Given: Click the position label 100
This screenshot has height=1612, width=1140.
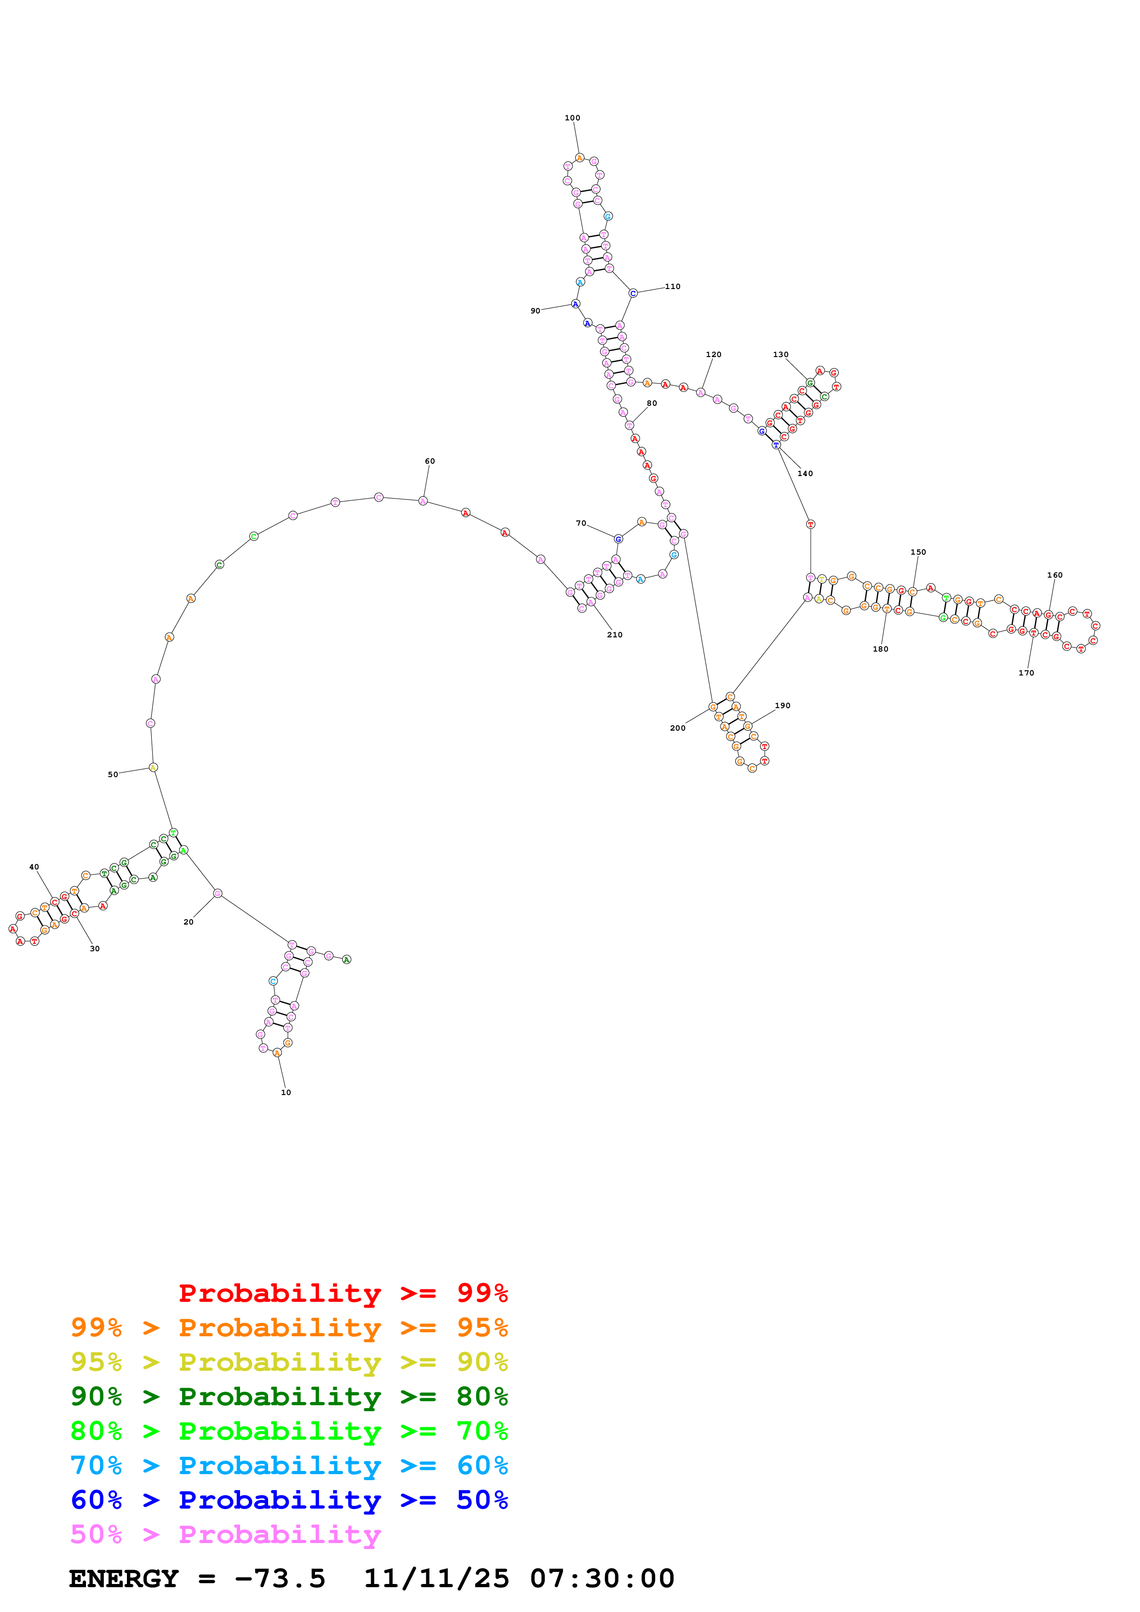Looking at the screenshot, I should pos(573,118).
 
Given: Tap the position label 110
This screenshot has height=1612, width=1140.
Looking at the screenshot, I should pos(672,286).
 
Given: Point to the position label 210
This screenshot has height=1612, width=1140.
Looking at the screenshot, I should pos(614,635).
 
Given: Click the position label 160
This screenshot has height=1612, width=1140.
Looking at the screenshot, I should pos(1054,575).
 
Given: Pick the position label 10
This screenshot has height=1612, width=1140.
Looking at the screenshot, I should pos(286,1092).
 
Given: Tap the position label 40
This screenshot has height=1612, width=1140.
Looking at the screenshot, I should pos(34,867).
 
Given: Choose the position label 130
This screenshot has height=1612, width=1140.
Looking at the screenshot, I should pos(780,355).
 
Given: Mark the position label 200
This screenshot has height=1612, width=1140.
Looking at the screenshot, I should pos(677,728).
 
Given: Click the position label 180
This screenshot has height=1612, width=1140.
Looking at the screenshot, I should pos(880,649).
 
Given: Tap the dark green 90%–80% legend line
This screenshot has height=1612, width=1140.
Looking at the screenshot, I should pos(289,1396).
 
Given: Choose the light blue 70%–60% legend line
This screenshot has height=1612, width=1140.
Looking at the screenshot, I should pos(289,1465).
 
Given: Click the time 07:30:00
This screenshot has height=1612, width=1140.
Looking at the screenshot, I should pos(602,1578).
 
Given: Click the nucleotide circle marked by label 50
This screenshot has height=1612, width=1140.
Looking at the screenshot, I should pos(153,767).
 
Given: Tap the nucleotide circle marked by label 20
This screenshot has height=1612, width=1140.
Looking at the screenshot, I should pos(218,893).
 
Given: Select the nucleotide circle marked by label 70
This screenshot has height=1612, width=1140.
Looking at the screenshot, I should pos(618,539).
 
